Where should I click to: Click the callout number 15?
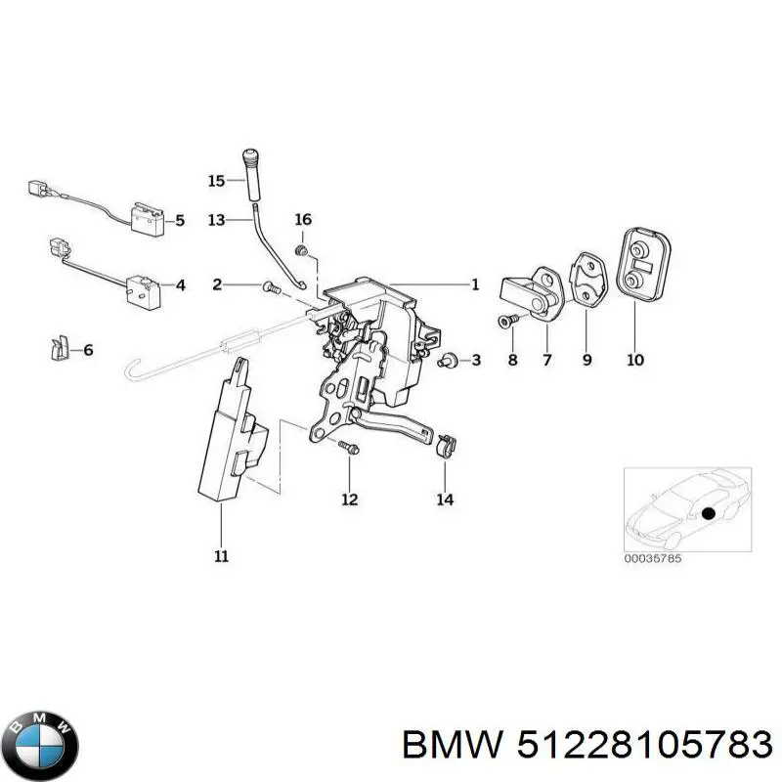click(x=216, y=180)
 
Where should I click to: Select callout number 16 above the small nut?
click(x=303, y=219)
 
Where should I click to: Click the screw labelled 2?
click(x=272, y=287)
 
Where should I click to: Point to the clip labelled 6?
click(x=59, y=347)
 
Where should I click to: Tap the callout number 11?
click(x=221, y=556)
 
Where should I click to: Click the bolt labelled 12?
click(x=349, y=448)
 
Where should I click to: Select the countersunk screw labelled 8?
click(x=507, y=321)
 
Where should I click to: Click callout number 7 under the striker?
click(x=547, y=360)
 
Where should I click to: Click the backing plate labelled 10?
click(x=644, y=264)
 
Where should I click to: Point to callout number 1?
click(x=475, y=284)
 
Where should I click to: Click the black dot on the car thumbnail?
click(x=707, y=513)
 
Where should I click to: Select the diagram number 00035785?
click(x=652, y=558)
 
